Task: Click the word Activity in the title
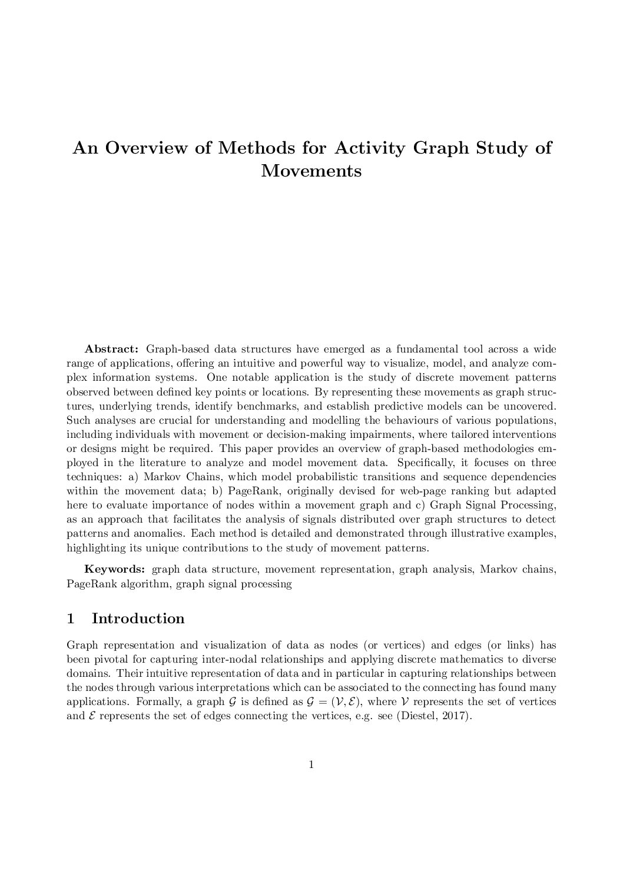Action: pos(370,148)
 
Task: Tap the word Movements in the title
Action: pos(311,171)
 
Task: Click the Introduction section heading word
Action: pos(138,619)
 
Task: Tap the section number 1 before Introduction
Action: pos(71,619)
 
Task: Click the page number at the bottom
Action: pos(311,765)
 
